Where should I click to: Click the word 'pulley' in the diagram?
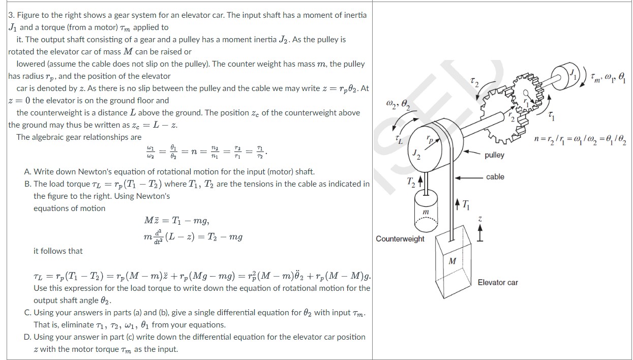pyautogui.click(x=494, y=155)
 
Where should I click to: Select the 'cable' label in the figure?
pyautogui.click(x=495, y=177)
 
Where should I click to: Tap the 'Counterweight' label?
pyautogui.click(x=400, y=238)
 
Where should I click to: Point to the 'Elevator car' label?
pyautogui.click(x=498, y=282)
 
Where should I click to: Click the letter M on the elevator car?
pyautogui.click(x=452, y=261)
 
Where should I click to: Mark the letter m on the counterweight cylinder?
pyautogui.click(x=426, y=211)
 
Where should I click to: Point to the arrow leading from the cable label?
pyautogui.click(x=468, y=177)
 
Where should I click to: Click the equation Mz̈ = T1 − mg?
pyautogui.click(x=177, y=221)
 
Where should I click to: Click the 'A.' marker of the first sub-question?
pyautogui.click(x=28, y=172)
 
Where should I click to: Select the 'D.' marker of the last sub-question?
pyautogui.click(x=28, y=337)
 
